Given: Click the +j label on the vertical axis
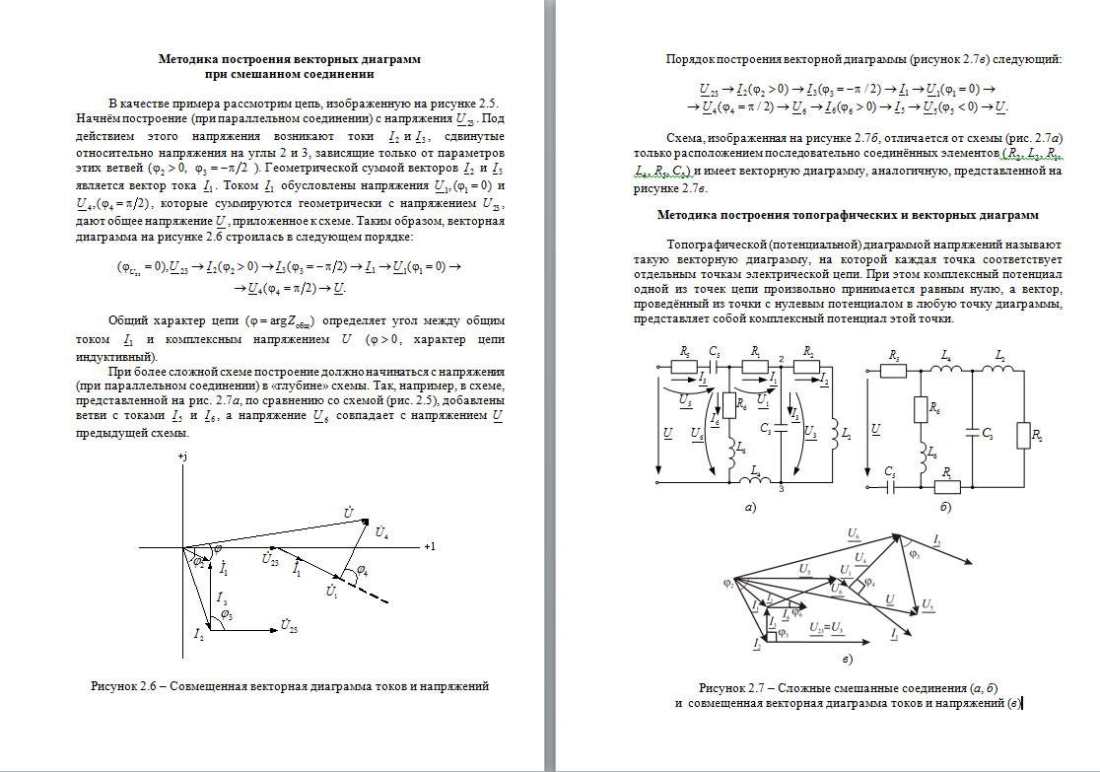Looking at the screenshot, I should (182, 458).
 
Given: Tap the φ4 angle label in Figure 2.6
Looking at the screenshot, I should (362, 570).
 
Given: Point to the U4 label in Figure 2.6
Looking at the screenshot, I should (381, 532).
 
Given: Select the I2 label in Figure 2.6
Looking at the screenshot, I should (200, 631).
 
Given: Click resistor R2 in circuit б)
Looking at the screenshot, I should (1035, 433).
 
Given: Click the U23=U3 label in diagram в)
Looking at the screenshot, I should (825, 627).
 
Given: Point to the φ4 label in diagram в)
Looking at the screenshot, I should (868, 584).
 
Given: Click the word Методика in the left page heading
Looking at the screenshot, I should (188, 59).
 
